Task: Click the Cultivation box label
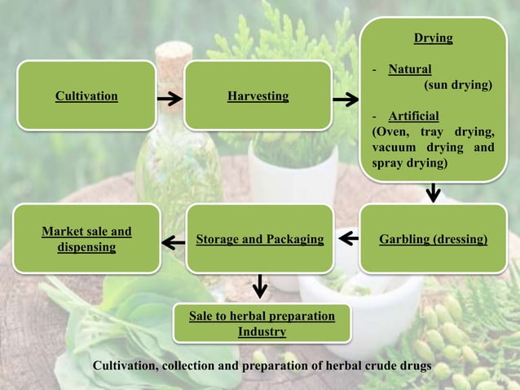(x=86, y=96)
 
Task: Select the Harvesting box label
(x=258, y=96)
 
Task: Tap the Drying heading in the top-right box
(x=433, y=38)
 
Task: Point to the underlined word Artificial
(x=413, y=115)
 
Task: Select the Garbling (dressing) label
(x=434, y=239)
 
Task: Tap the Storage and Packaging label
(x=260, y=239)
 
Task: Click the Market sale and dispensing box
(x=86, y=239)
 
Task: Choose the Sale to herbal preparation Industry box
(x=262, y=323)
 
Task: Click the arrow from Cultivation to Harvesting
(x=170, y=100)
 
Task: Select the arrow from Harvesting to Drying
(x=346, y=100)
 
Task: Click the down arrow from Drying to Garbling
(x=434, y=193)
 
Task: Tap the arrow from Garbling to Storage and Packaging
(x=347, y=239)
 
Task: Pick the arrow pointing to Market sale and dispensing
(x=173, y=242)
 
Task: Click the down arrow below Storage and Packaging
(x=260, y=286)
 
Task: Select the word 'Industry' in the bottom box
(x=262, y=331)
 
